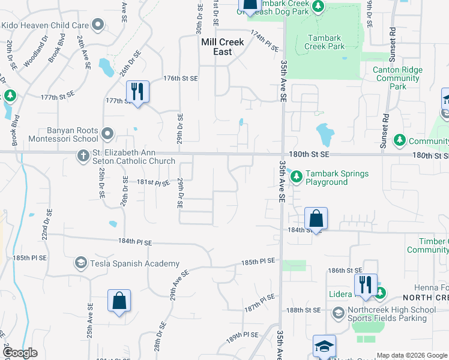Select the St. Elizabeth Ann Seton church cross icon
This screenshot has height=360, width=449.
coord(84,156)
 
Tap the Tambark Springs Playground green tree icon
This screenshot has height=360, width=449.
coord(296,175)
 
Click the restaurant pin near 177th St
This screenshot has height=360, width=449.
coord(138,92)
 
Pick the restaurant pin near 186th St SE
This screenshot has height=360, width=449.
coord(365,285)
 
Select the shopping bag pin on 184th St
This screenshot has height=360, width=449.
coord(316,219)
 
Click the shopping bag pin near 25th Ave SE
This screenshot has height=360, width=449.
coord(119,301)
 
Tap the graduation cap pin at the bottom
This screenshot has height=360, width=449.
coord(324,347)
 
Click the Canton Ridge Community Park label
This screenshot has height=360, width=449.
coord(397,78)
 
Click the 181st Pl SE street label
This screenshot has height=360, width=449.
coord(137,182)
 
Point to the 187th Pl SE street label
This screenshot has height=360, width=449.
coord(259,302)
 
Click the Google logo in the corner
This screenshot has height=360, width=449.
coord(19,353)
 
